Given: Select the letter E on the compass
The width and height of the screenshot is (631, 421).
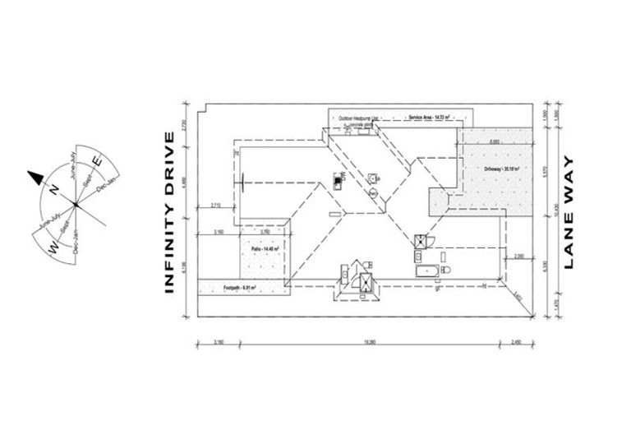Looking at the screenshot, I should click(96, 163).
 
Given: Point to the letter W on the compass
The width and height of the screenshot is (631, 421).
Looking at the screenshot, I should click(51, 246).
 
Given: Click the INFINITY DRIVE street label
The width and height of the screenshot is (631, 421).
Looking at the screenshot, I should click(171, 211).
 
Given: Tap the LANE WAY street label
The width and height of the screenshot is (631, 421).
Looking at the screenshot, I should click(570, 212).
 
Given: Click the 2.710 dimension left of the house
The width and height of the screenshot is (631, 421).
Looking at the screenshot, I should click(216, 204).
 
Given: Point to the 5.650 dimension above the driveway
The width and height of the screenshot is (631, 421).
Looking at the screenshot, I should click(494, 141).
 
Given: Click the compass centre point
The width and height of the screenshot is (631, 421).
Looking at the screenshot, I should click(75, 202).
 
